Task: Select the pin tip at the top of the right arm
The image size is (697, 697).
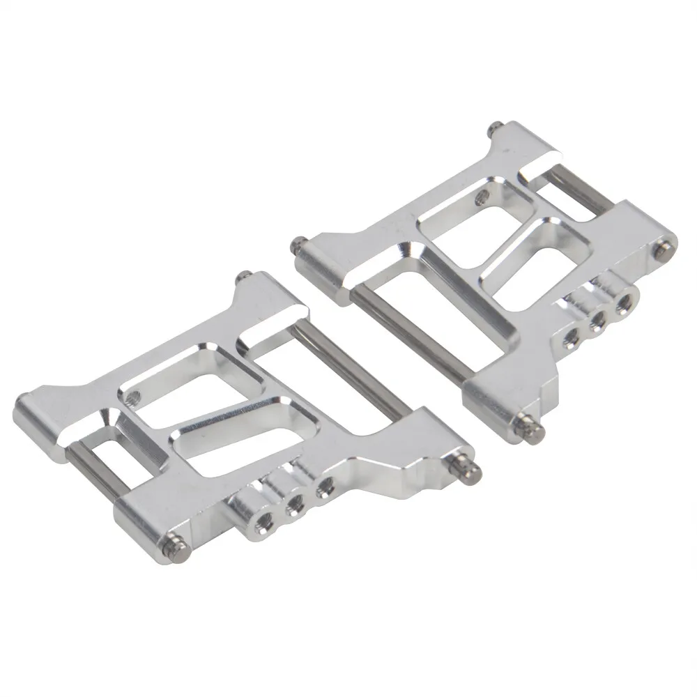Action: [x=493, y=127]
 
